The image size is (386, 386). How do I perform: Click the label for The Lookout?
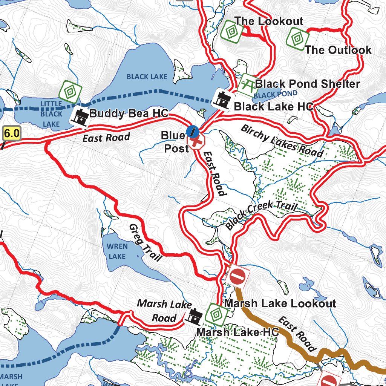point(268,21)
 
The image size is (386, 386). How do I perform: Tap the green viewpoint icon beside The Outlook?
point(297,38)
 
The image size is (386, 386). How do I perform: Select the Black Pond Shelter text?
point(308,84)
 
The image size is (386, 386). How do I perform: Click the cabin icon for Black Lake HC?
point(222,100)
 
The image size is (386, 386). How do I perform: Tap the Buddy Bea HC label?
point(129,113)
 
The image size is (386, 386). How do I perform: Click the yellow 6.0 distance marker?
point(11,133)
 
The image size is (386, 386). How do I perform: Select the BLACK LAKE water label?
point(147,77)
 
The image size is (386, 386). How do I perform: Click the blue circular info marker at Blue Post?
point(192,132)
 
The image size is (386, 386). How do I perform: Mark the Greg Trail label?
point(145,242)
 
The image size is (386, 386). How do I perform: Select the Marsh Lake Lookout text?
point(280,303)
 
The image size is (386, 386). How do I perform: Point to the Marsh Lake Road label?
point(164,311)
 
